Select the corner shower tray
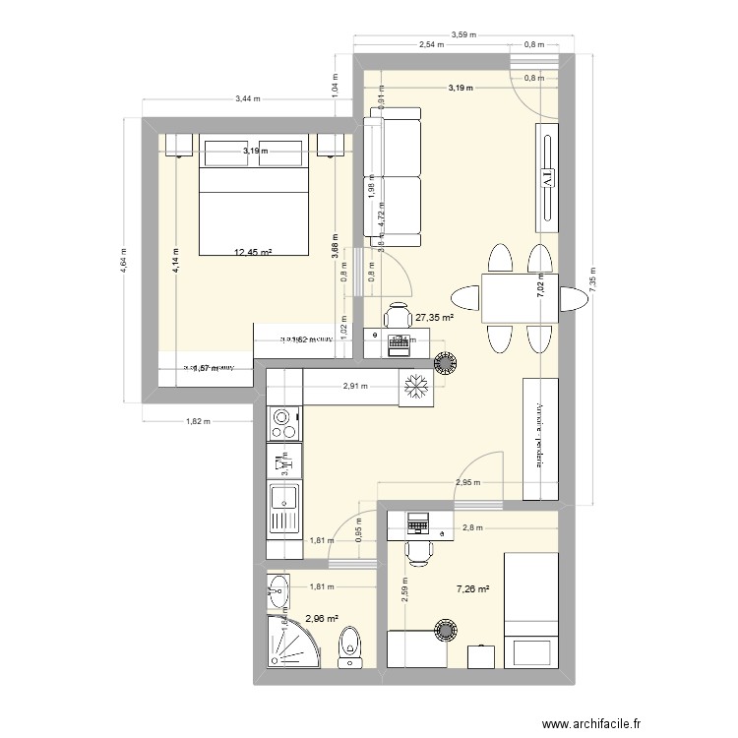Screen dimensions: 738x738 click(x=293, y=644)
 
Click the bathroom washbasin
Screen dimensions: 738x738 click(x=276, y=593)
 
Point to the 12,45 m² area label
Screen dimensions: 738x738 click(x=253, y=252)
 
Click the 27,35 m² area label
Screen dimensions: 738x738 click(x=434, y=318)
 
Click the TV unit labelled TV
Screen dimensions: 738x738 click(x=545, y=174)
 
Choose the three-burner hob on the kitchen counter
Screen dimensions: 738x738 click(x=282, y=424)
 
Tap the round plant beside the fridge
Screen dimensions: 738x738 click(x=448, y=363)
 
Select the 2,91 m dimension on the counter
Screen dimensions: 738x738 click(x=355, y=387)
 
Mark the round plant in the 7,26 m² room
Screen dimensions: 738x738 click(x=448, y=629)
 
